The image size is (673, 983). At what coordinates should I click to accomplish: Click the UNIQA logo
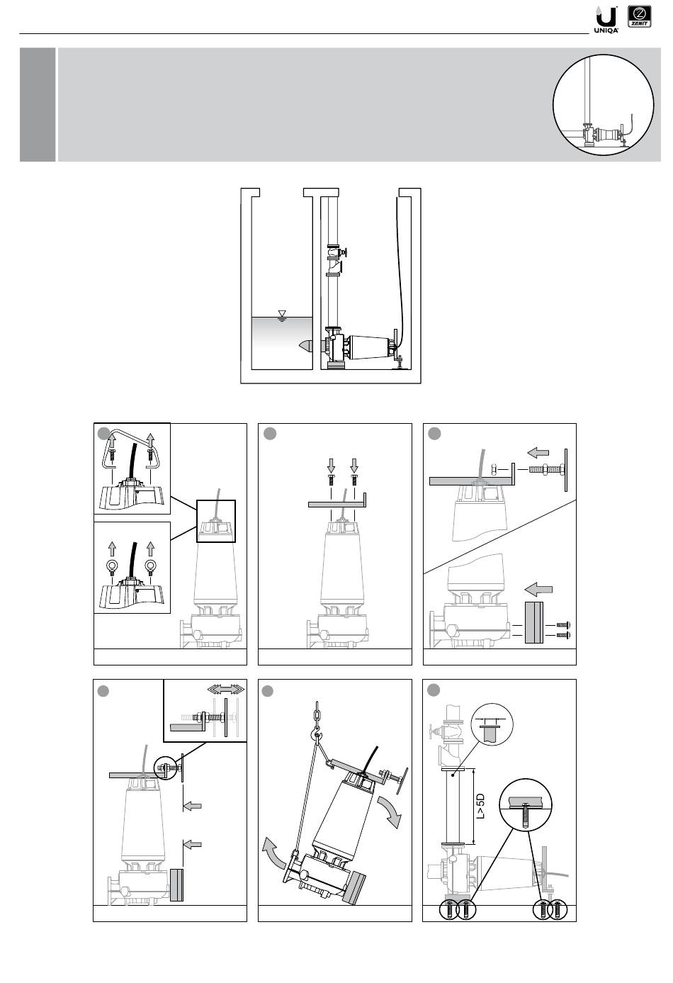[607, 18]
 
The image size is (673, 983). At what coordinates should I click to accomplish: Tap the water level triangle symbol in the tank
[282, 314]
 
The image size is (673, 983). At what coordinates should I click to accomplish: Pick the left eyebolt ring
[111, 567]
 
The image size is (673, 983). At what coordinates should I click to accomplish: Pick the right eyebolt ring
[149, 567]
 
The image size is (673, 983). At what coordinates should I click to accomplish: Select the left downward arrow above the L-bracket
[332, 464]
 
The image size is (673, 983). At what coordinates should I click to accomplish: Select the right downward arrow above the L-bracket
[354, 464]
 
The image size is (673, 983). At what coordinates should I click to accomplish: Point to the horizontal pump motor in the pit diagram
[367, 347]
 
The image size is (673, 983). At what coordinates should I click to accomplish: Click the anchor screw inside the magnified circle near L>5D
[524, 813]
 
